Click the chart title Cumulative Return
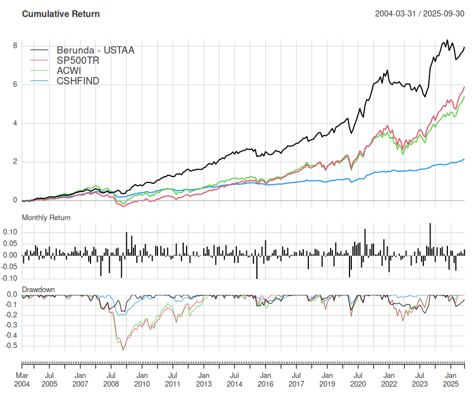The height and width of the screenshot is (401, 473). [x=60, y=13]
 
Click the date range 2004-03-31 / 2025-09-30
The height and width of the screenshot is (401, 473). [x=420, y=13]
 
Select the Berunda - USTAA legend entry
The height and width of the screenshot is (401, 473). [x=95, y=50]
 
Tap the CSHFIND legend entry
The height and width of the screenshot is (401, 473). [x=78, y=82]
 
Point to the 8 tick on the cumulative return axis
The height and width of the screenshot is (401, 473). [x=15, y=46]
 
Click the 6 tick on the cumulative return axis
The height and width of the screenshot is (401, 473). [x=15, y=84]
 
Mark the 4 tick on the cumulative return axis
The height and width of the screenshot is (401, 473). [x=15, y=123]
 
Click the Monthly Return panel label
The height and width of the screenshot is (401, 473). [x=46, y=217]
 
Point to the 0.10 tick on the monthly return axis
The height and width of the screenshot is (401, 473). [x=10, y=232]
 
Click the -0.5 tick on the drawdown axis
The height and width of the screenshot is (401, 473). [x=11, y=346]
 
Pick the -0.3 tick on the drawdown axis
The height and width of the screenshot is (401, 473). [x=11, y=325]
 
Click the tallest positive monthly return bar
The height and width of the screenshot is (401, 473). [x=430, y=239]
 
